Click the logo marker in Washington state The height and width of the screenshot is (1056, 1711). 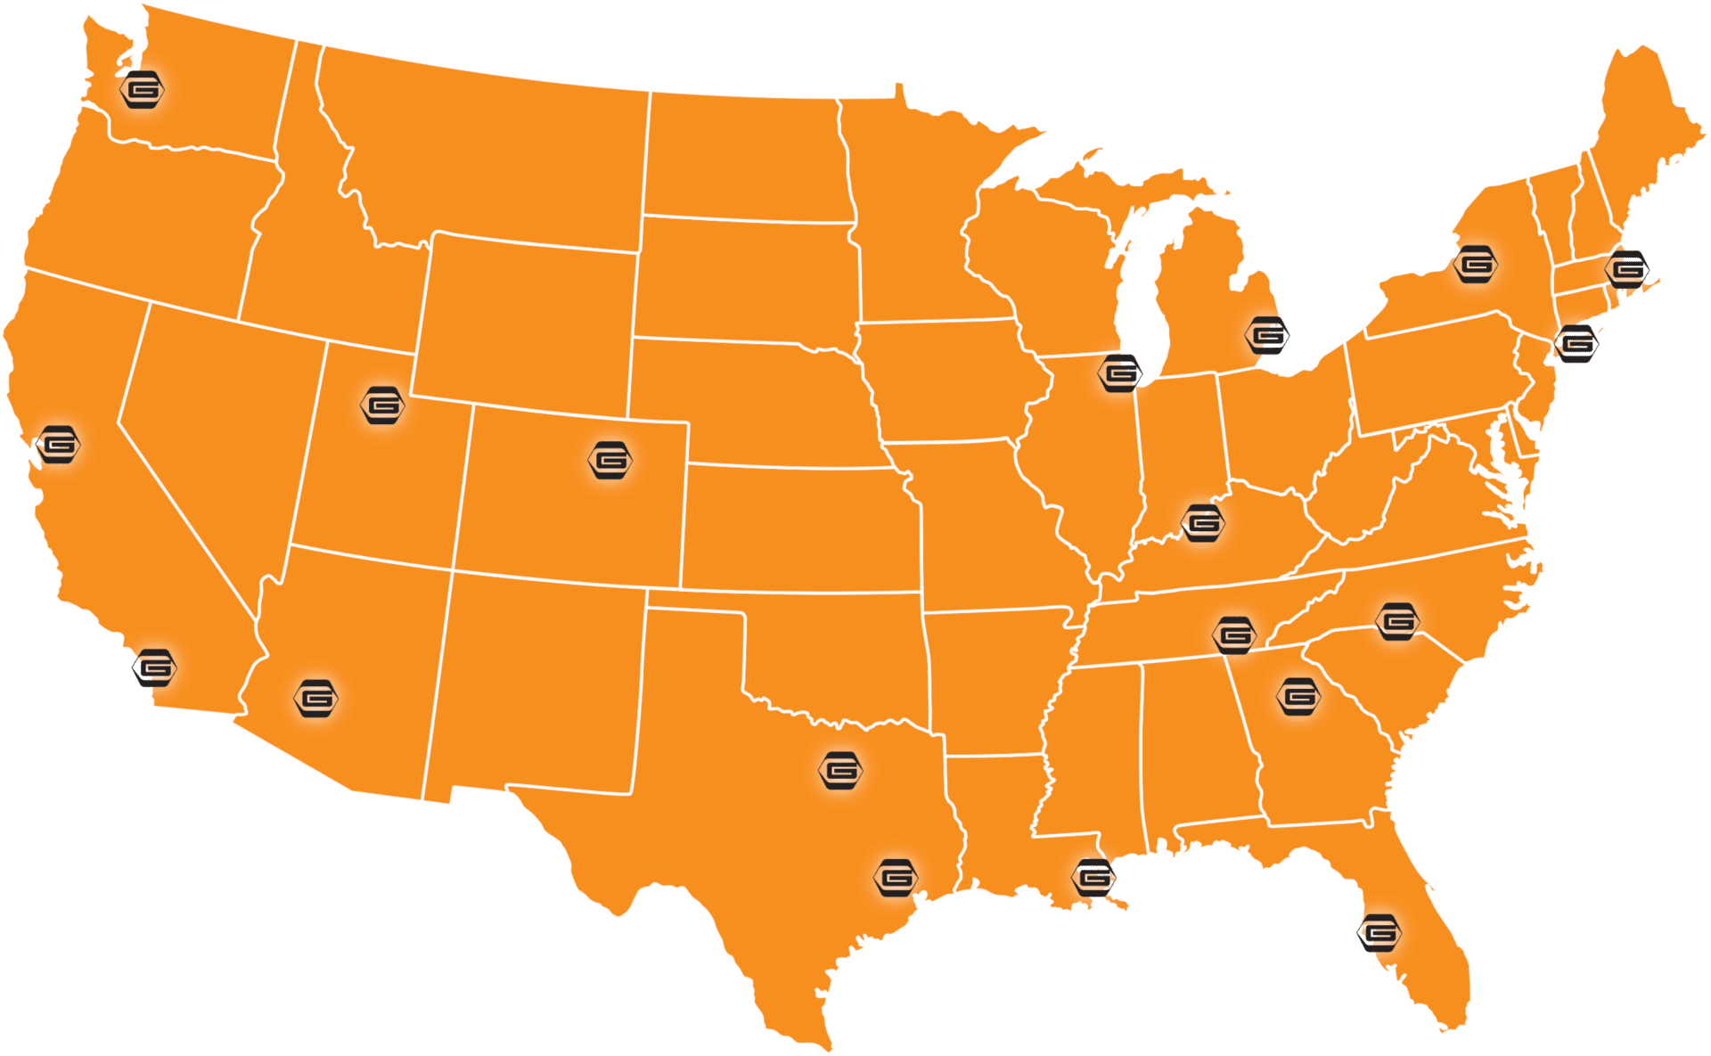(143, 89)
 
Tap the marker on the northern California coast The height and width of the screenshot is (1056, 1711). (59, 444)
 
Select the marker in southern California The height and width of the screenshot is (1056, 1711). (155, 667)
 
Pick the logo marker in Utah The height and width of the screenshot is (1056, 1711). (383, 405)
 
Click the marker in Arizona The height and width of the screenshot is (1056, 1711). (316, 699)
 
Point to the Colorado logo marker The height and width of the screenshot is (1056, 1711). (611, 460)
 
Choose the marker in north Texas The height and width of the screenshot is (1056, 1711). (841, 770)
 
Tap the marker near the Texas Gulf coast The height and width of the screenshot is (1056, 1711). (896, 878)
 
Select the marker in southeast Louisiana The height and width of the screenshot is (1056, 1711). (1093, 878)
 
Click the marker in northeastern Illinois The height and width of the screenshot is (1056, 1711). (1120, 372)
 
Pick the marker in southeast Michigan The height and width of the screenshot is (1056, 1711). (1267, 335)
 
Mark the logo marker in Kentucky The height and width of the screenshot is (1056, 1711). (1203, 523)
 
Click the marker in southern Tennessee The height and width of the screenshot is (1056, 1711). (1235, 634)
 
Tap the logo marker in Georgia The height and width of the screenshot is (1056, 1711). (1298, 695)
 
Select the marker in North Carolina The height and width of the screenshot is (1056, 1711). (1396, 621)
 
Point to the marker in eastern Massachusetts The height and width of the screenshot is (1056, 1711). (1627, 267)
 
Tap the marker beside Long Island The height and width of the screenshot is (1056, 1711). (1576, 342)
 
